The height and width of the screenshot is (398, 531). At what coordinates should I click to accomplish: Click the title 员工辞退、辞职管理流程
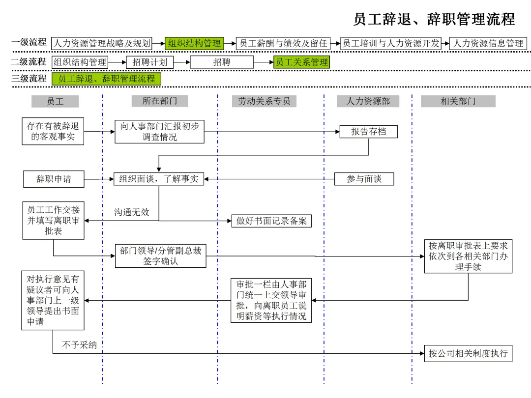[434, 19]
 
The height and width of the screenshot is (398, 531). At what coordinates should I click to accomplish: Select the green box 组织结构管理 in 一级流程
[195, 43]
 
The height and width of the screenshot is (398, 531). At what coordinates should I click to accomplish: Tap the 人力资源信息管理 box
[488, 43]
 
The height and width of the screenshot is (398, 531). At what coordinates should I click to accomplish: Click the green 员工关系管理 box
[301, 62]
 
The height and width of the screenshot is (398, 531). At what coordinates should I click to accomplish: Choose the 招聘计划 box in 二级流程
[150, 62]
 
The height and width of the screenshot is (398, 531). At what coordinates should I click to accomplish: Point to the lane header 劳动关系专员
[264, 101]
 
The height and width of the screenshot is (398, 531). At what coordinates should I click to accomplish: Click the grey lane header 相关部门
[458, 101]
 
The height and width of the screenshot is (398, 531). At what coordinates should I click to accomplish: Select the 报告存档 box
[368, 131]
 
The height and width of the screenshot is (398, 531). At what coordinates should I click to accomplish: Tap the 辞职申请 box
[54, 179]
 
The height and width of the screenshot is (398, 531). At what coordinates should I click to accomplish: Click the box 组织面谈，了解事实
[159, 179]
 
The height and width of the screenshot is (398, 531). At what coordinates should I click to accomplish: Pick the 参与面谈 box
[364, 179]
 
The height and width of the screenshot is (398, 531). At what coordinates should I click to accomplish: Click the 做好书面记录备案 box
[271, 221]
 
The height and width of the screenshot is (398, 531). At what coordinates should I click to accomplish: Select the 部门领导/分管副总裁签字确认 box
[161, 256]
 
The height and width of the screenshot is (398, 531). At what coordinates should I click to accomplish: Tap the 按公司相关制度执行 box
[468, 353]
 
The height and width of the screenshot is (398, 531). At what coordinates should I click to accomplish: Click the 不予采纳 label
[79, 345]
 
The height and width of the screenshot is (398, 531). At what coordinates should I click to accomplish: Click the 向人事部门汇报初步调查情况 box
[159, 131]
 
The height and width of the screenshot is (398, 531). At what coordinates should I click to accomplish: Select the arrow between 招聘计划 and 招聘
[181, 62]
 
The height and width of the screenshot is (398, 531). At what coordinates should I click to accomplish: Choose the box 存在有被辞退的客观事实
[53, 131]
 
